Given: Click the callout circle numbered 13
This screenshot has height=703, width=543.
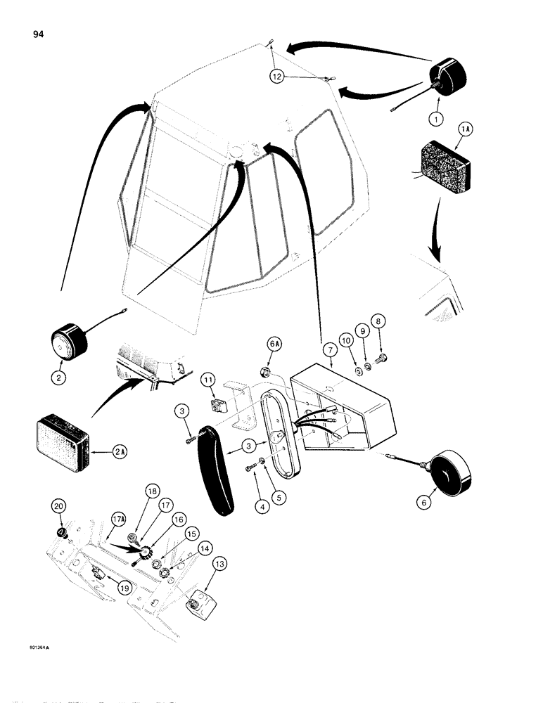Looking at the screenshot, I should (x=218, y=562).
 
